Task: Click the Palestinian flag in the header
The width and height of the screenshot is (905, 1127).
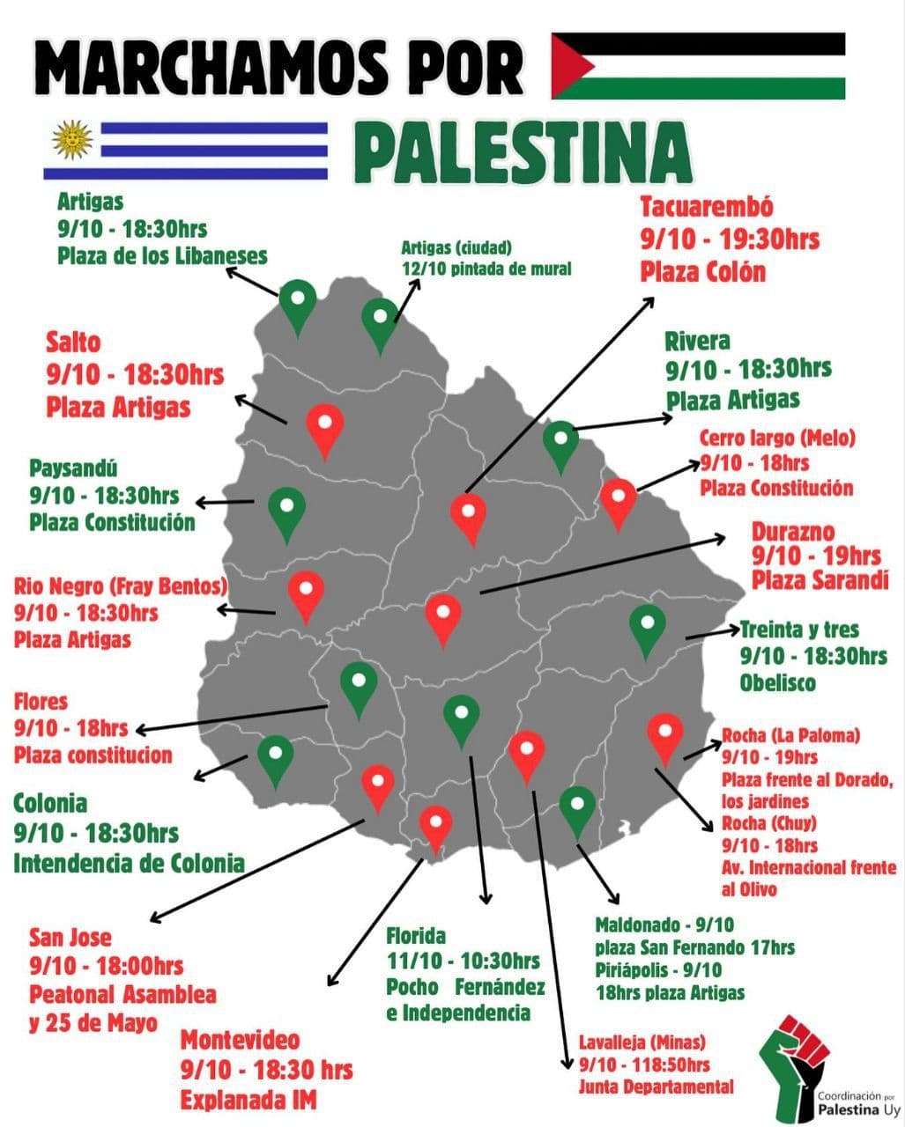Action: point(698,66)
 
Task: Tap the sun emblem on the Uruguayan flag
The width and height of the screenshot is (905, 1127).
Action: point(73,139)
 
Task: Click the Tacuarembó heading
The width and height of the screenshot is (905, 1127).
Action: point(707,208)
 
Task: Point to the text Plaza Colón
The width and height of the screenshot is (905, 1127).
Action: point(703,271)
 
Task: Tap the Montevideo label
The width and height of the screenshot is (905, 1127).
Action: point(240,1040)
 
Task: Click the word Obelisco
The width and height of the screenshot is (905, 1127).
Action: point(777,684)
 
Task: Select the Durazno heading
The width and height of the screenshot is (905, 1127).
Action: point(792,532)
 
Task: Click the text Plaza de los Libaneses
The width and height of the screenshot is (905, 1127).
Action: point(163,256)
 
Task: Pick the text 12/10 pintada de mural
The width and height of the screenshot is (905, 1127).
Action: point(486,269)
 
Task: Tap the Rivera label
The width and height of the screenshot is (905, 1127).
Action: point(697,341)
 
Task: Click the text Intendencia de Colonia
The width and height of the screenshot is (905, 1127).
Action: point(129,862)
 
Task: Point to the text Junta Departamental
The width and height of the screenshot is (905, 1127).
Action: point(656,1086)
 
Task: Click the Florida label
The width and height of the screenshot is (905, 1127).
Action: point(416,935)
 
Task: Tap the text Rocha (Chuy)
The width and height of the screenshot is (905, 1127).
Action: point(768,823)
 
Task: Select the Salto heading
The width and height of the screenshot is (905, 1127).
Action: point(73,342)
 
